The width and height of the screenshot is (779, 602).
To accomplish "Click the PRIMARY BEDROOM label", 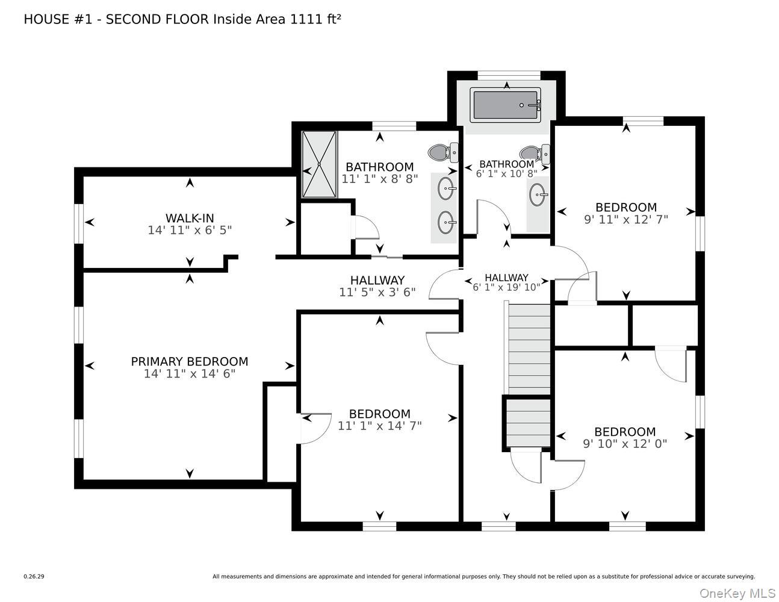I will click(190, 361).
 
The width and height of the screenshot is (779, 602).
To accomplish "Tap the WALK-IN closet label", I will click(190, 218).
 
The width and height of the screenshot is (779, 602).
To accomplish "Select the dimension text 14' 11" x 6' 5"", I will click(190, 230).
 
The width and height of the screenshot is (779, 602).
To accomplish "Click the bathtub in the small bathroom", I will click(506, 105).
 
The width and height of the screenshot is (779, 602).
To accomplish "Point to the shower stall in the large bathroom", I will click(319, 164).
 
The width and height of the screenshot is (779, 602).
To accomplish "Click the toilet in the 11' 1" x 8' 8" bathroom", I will click(442, 152).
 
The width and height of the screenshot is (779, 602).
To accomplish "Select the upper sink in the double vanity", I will click(446, 189).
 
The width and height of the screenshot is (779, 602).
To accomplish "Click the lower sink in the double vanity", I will click(446, 223).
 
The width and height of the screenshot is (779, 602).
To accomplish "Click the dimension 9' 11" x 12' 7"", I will click(625, 220).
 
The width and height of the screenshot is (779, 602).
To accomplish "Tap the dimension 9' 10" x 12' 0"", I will click(624, 444).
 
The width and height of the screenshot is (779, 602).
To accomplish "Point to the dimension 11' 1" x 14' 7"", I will click(379, 426).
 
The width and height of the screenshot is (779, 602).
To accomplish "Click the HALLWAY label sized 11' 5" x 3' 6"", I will click(377, 280).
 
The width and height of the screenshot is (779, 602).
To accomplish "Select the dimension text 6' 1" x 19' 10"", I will click(506, 287).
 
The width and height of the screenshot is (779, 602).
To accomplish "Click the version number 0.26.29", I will click(34, 576).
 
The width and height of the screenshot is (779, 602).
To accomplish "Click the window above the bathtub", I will click(509, 75).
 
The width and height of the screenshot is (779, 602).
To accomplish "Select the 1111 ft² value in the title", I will click(316, 19).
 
